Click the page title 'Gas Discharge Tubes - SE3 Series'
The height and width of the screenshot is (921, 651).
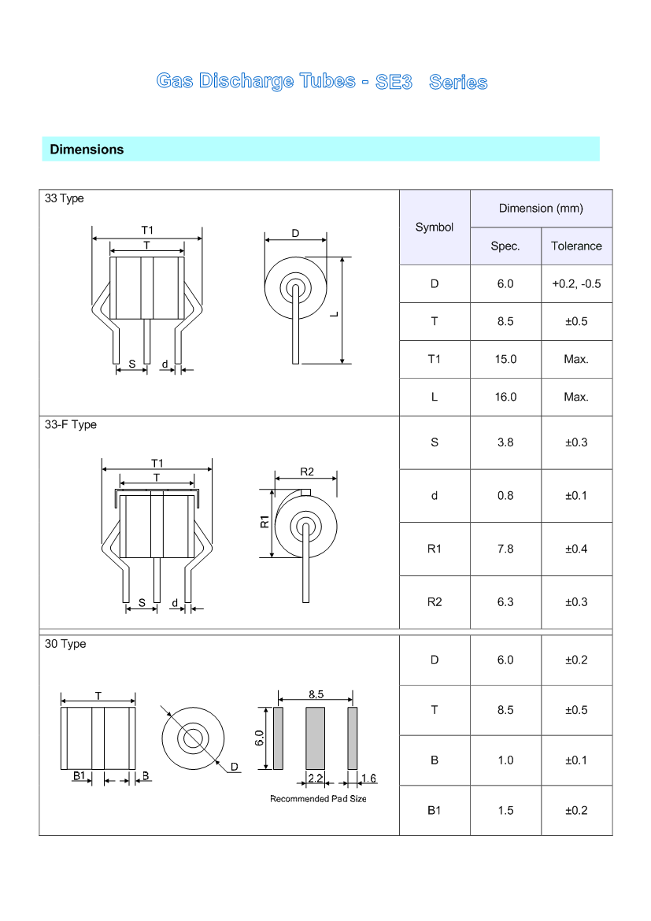click(x=322, y=82)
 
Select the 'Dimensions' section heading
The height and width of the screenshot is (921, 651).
click(x=87, y=150)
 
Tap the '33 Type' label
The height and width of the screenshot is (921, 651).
click(x=65, y=198)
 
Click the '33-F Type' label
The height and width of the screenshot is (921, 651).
click(x=71, y=424)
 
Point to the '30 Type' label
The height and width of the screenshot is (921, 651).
click(x=65, y=644)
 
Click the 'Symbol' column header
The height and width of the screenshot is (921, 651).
click(x=435, y=227)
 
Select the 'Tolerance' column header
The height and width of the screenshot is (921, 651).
click(x=576, y=246)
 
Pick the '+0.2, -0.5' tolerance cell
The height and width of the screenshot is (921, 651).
click(x=576, y=283)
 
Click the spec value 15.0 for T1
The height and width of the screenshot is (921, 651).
click(x=505, y=359)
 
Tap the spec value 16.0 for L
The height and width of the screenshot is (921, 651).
click(x=505, y=397)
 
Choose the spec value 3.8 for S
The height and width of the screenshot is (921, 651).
click(x=505, y=442)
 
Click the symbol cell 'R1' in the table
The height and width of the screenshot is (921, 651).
click(x=435, y=549)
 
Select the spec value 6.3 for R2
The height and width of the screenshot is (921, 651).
click(x=505, y=602)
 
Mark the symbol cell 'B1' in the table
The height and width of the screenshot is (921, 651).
click(x=435, y=810)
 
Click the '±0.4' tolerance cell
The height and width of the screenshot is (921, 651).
click(x=576, y=549)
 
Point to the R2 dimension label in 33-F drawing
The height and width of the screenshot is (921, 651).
click(x=307, y=472)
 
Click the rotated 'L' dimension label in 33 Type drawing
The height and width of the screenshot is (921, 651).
click(x=335, y=314)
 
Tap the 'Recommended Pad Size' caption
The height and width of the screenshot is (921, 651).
click(x=318, y=799)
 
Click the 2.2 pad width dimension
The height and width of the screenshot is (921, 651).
click(x=315, y=779)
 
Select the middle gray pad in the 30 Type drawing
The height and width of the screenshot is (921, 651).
click(x=315, y=738)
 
